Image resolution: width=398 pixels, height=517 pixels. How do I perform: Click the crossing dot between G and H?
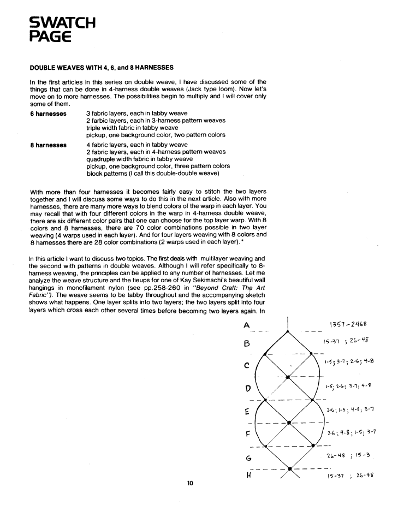[289, 468]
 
